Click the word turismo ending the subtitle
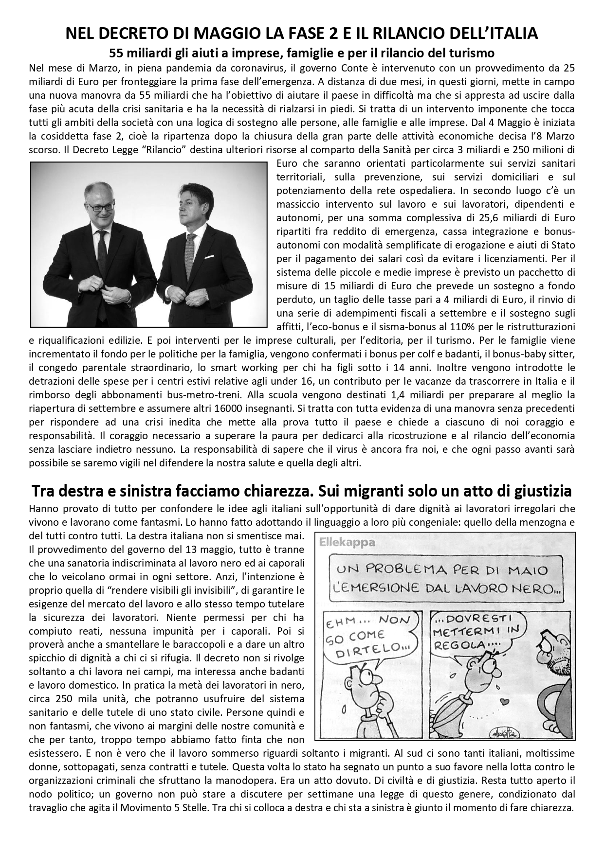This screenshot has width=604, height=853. (x=474, y=52)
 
